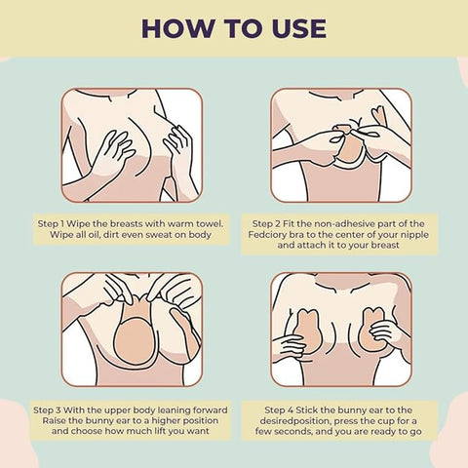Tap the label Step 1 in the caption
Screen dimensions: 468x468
[x=52, y=222]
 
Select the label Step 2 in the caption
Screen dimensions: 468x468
[x=268, y=222]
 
